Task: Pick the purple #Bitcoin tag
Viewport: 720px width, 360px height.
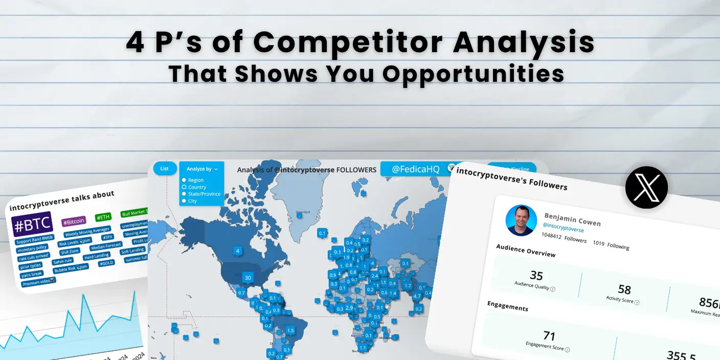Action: [74, 222]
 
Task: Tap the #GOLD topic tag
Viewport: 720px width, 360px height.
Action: [106, 263]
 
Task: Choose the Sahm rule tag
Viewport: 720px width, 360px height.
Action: [62, 261]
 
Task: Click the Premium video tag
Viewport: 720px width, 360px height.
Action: [39, 281]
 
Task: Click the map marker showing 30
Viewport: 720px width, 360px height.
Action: [248, 278]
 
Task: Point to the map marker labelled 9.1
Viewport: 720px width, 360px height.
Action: [337, 252]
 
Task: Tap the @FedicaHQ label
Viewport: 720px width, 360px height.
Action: [415, 169]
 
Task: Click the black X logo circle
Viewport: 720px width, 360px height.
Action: [646, 187]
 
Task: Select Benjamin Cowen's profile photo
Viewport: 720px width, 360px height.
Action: [521, 220]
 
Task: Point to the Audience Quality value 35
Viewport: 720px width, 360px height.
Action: [536, 276]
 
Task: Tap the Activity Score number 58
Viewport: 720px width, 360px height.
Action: [624, 289]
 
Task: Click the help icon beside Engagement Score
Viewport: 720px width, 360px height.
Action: [568, 350]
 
